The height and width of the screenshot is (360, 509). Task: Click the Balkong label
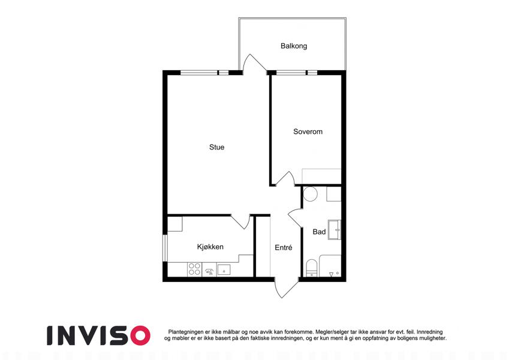pyautogui.click(x=294, y=46)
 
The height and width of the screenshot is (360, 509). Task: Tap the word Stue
pyautogui.click(x=217, y=147)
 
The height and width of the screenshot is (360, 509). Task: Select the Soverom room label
pyautogui.click(x=308, y=131)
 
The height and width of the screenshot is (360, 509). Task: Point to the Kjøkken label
pyautogui.click(x=210, y=247)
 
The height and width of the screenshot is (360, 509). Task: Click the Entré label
pyautogui.click(x=284, y=248)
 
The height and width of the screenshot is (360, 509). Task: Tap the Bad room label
pyautogui.click(x=319, y=232)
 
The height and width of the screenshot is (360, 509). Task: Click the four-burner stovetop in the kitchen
pyautogui.click(x=194, y=269)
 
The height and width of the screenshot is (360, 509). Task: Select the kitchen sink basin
pyautogui.click(x=224, y=269)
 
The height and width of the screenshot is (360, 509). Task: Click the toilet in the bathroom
pyautogui.click(x=312, y=268)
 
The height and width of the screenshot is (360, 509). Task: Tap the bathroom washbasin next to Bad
pyautogui.click(x=335, y=230)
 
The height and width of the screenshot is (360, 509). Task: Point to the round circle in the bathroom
pyautogui.click(x=310, y=194)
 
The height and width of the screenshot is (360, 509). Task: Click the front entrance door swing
pyautogui.click(x=285, y=288)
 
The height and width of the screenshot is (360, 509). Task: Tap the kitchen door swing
pyautogui.click(x=241, y=221)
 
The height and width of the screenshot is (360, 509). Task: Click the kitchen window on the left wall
pyautogui.click(x=165, y=248)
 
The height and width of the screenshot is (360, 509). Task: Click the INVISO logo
pyautogui.click(x=98, y=335)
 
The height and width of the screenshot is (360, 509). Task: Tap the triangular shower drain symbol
pyautogui.click(x=331, y=275)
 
